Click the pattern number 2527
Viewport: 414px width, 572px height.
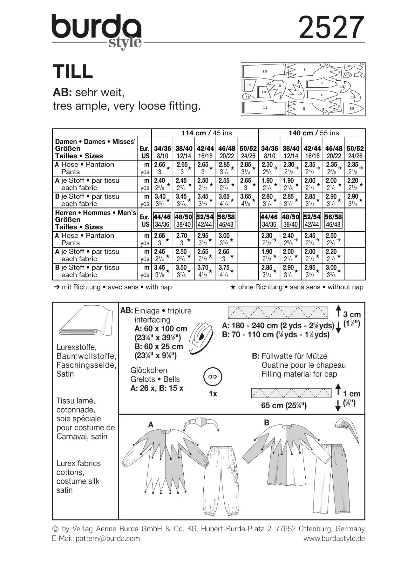pos(331,28)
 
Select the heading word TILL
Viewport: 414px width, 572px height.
pos(73,71)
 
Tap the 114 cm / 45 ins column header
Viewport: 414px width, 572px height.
pos(207,133)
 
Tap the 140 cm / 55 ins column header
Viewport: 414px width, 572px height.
pos(313,133)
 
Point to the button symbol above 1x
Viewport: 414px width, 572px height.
pos(213,377)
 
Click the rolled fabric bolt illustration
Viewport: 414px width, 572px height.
pos(86,322)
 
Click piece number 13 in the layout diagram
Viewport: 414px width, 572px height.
pos(265,71)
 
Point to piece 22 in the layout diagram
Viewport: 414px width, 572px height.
pos(352,108)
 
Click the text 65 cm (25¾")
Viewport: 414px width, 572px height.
pos(284,405)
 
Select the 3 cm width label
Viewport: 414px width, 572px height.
pos(352,315)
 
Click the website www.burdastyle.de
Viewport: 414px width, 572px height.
pos(334,538)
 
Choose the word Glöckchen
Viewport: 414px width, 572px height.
pos(148,370)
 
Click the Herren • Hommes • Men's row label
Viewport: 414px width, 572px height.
pos(95,213)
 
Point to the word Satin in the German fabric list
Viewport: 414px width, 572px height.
pos(65,374)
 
